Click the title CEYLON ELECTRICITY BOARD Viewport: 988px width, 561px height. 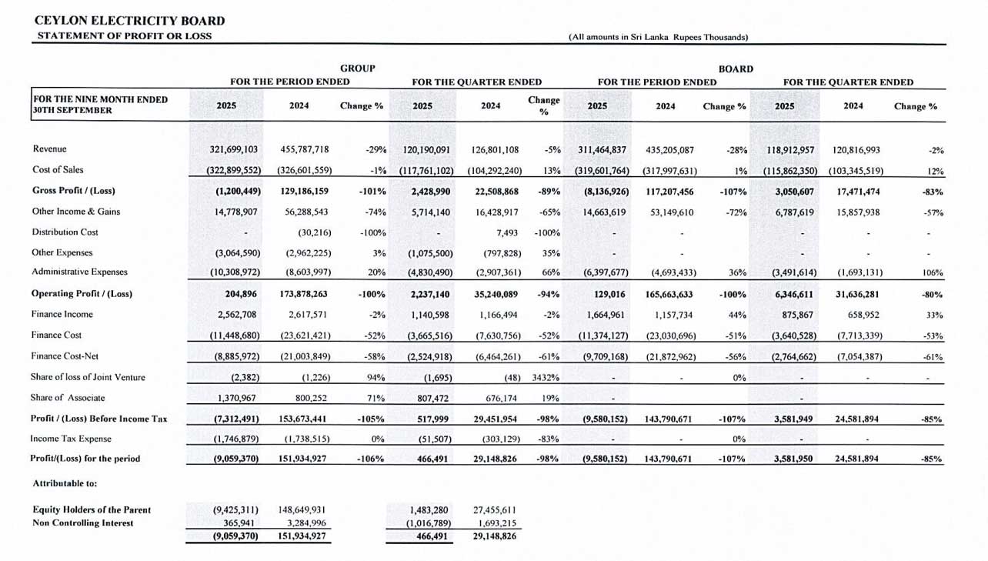coord(130,21)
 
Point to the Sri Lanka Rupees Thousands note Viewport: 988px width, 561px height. coord(658,36)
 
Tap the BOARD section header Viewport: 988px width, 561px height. coord(735,68)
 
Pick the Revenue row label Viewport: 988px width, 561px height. coord(49,149)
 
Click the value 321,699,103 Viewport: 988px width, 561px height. coord(228,149)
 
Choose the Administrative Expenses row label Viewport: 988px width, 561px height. coord(79,272)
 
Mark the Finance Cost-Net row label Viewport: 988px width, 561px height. coord(65,356)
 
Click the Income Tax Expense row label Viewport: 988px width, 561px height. coord(71,439)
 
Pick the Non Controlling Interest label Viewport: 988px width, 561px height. coord(82,523)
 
